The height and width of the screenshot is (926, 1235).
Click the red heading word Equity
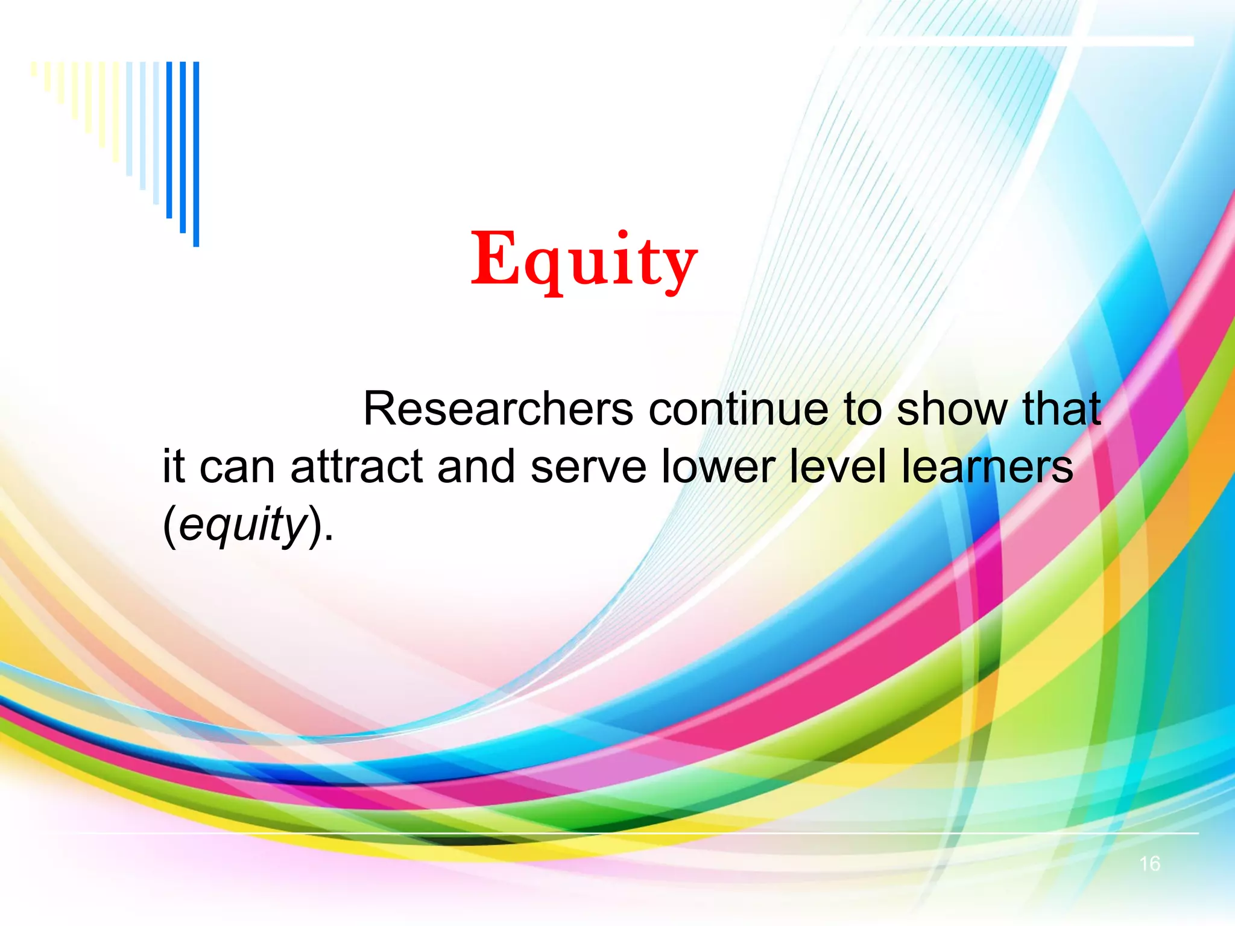pyautogui.click(x=584, y=260)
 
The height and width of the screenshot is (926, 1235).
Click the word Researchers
pyautogui.click(x=498, y=409)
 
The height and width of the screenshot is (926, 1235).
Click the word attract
pyautogui.click(x=356, y=467)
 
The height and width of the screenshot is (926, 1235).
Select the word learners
pyautogui.click(x=987, y=467)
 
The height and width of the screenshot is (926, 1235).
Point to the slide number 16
pyautogui.click(x=1149, y=864)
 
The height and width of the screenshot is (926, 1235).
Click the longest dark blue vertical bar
pyautogui.click(x=196, y=154)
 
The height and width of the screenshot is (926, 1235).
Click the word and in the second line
pyautogui.click(x=476, y=467)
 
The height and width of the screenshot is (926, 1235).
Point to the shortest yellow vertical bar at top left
pyautogui.click(x=34, y=69)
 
